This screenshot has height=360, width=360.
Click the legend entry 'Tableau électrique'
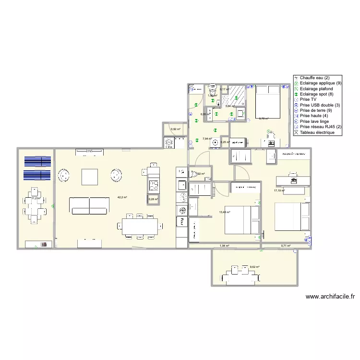coord(320,132)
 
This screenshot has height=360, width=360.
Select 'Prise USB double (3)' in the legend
coord(320,105)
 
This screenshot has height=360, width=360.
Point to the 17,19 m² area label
coord(279,191)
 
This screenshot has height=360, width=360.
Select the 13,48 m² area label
coord(225,212)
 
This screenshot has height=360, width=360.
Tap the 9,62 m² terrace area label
coord(254,267)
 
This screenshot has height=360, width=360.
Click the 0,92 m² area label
coord(176,129)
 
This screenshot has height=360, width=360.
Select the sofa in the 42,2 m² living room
coord(89,205)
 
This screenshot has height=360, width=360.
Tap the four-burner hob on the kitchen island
coord(153,185)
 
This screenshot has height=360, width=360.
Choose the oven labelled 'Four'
coord(182,221)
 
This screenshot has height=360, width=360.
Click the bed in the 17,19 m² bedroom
coord(291,216)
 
